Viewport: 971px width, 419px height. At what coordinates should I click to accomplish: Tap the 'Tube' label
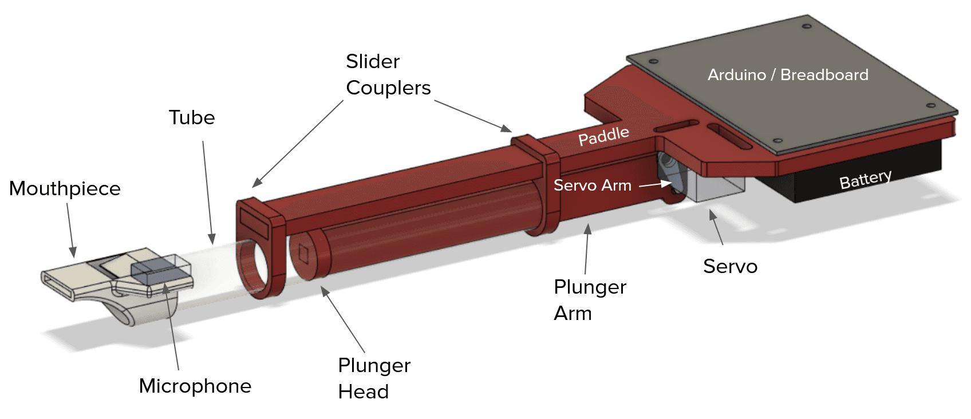click(x=192, y=117)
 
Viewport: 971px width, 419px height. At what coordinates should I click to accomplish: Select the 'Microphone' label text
click(x=195, y=386)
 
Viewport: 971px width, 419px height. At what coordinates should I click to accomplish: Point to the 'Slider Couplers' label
click(x=388, y=74)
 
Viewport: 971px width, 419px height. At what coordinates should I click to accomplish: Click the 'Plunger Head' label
click(x=374, y=378)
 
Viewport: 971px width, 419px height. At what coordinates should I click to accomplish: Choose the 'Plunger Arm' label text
click(x=590, y=300)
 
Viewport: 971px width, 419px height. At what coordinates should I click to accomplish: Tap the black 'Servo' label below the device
click(x=730, y=266)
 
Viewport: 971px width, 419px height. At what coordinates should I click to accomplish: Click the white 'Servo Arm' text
click(x=592, y=185)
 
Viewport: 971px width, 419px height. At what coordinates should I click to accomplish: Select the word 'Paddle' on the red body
click(x=603, y=136)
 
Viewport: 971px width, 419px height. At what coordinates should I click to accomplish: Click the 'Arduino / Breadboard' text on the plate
click(x=788, y=75)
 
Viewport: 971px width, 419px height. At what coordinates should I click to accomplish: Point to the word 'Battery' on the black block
click(x=865, y=179)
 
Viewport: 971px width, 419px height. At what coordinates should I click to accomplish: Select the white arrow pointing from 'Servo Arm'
click(x=655, y=184)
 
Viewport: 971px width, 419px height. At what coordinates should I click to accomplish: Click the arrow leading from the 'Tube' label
click(x=208, y=192)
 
